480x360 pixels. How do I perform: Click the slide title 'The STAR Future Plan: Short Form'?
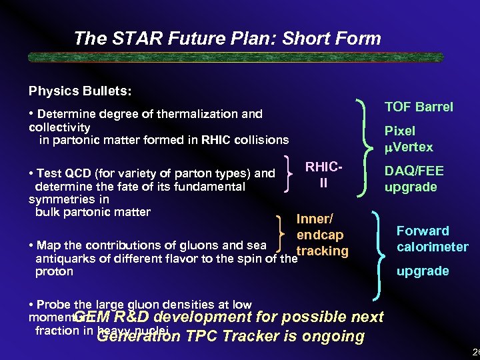(x=227, y=39)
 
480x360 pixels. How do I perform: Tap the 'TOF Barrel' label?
(x=419, y=107)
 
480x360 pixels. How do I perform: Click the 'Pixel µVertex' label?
(x=408, y=139)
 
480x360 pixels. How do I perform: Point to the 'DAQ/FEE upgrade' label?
(x=413, y=179)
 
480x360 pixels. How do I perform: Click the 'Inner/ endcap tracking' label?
(x=321, y=235)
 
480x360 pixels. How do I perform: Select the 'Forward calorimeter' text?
(x=432, y=239)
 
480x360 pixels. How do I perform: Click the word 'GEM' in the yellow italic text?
(x=91, y=317)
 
